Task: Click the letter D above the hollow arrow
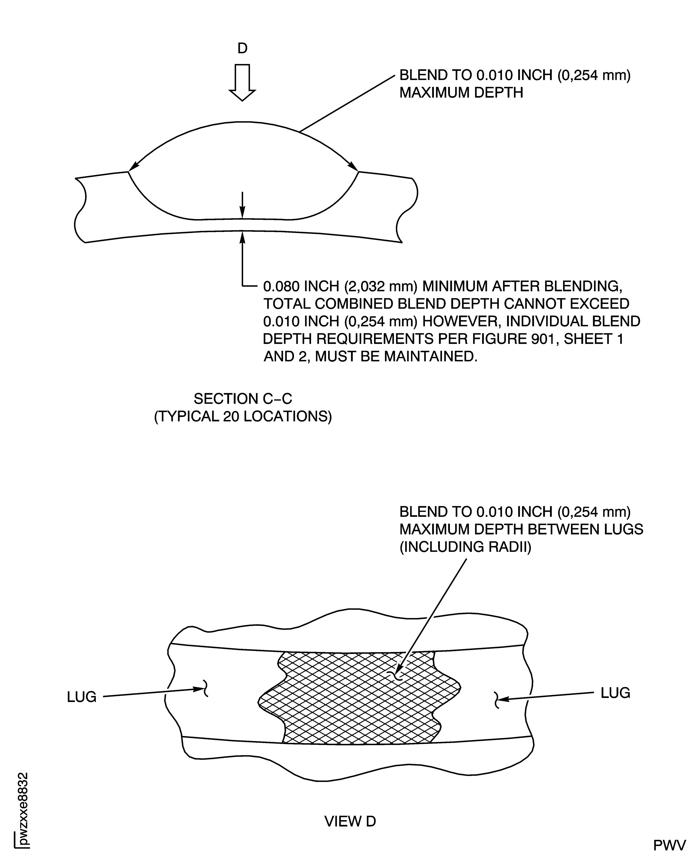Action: coord(242,48)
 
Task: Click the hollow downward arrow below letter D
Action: coord(242,83)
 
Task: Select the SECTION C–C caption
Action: coord(242,399)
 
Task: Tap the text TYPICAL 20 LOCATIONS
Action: coord(243,416)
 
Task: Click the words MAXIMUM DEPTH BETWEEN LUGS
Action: coord(521,529)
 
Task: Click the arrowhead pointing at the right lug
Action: coord(504,700)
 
